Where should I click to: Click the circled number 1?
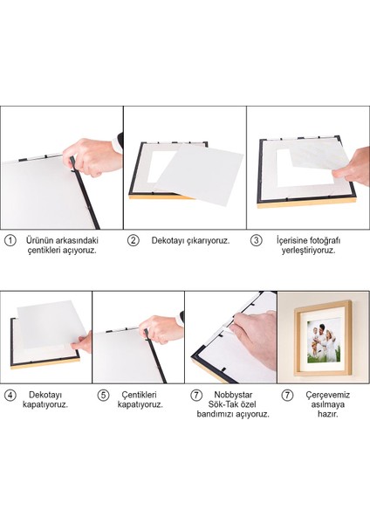(10, 239)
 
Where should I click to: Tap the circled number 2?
(134, 239)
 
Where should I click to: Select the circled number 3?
(256, 239)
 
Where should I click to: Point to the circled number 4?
(10, 395)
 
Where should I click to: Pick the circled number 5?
(103, 395)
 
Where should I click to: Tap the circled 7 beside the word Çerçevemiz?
(287, 395)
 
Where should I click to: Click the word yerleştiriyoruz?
(311, 250)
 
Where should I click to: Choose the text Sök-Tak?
(223, 404)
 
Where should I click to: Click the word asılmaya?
(326, 404)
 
